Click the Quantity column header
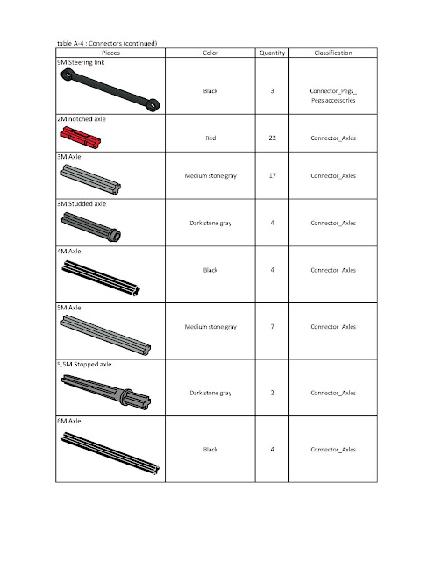pyautogui.click(x=273, y=53)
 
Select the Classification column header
pyautogui.click(x=333, y=53)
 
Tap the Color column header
pyautogui.click(x=210, y=53)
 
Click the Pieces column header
pyautogui.click(x=110, y=53)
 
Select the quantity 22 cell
pyautogui.click(x=273, y=138)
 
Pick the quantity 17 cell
pyautogui.click(x=273, y=175)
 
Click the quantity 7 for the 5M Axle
pyautogui.click(x=273, y=327)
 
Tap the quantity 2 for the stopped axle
pyautogui.click(x=273, y=392)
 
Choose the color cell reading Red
pyautogui.click(x=210, y=138)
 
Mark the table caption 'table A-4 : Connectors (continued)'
pyautogui.click(x=107, y=42)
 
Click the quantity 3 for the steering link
pyautogui.click(x=273, y=90)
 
